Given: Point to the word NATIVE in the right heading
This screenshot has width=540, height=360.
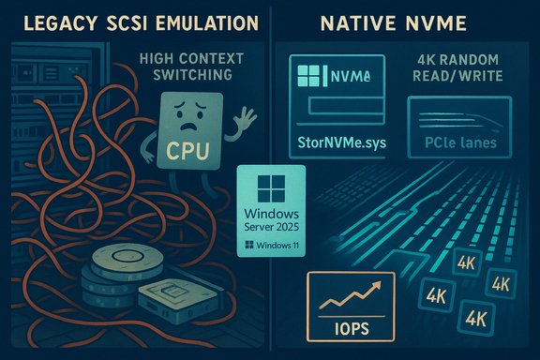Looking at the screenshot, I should [x=358, y=22].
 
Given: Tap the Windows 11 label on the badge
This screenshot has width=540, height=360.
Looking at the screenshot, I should [x=273, y=247].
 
